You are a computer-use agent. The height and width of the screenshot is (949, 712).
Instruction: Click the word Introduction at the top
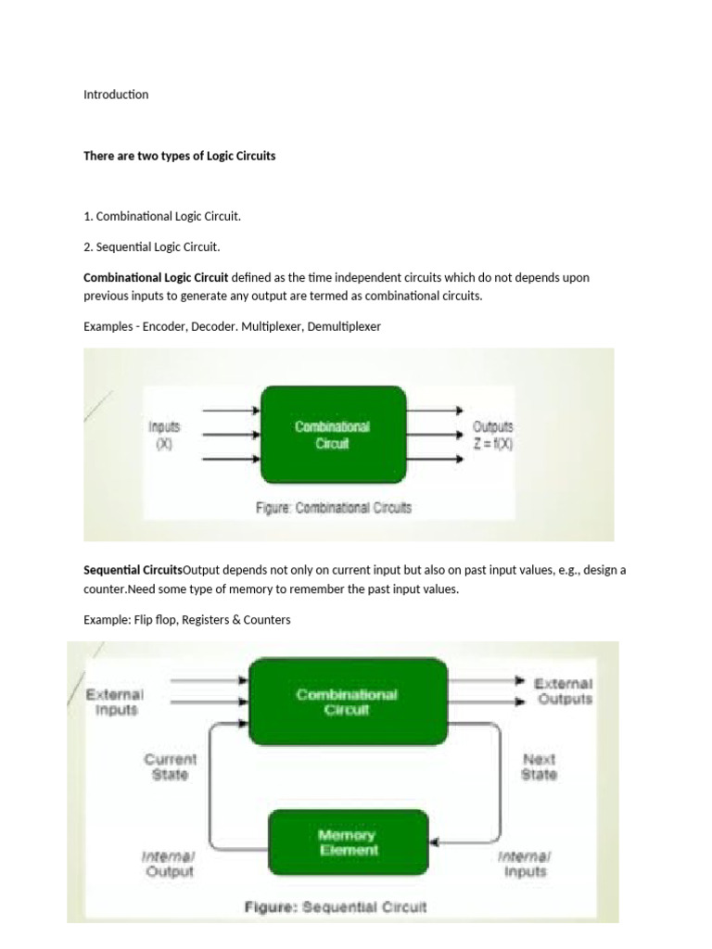click(116, 95)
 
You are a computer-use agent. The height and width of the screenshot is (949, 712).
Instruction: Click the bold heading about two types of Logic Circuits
click(179, 156)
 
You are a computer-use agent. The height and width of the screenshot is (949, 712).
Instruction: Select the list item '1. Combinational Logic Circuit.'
click(162, 217)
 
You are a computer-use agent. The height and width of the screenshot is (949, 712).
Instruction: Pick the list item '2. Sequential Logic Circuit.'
click(152, 247)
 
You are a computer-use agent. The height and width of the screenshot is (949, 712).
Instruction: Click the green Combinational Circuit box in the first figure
click(333, 435)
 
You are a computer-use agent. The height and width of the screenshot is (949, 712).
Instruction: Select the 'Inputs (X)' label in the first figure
click(164, 435)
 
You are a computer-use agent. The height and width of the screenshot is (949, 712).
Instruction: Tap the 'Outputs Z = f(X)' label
click(492, 435)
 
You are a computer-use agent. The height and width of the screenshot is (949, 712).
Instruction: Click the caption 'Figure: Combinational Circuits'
click(333, 508)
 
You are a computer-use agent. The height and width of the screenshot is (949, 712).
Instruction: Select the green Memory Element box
click(348, 842)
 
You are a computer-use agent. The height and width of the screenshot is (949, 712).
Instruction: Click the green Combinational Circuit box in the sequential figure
click(347, 702)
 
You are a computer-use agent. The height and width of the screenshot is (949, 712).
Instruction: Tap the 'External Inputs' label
click(114, 702)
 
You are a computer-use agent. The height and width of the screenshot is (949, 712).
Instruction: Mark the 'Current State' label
click(170, 766)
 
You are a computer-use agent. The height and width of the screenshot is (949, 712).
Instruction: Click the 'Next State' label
click(539, 766)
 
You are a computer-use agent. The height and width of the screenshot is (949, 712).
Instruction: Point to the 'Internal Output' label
click(169, 864)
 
